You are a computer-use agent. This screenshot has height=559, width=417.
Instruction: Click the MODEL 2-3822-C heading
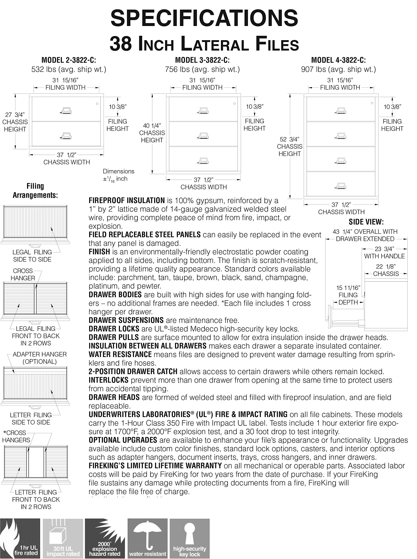point(69,60)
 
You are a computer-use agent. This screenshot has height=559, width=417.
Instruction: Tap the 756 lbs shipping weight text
point(202,69)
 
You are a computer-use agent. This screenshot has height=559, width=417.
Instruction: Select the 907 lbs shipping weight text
point(338,69)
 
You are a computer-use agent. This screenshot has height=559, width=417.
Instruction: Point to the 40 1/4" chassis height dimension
point(152,126)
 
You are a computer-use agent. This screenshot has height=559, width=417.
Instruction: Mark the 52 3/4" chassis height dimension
point(290,139)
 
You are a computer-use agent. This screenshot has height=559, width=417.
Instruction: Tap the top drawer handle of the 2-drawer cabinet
point(66,111)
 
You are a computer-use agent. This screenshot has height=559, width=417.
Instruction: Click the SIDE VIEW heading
point(366,222)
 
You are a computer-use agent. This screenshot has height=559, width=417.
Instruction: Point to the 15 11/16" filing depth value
point(348,288)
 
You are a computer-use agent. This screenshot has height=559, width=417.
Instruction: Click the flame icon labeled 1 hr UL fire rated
point(20,538)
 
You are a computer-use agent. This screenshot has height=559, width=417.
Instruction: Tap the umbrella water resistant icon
point(148,538)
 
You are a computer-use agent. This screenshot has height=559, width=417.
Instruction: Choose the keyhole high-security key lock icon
point(190,538)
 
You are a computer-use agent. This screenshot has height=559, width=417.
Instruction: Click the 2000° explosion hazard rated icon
point(105,538)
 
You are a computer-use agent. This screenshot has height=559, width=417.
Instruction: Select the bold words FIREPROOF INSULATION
point(126,201)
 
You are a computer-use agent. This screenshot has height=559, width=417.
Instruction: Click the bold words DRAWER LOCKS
point(114,329)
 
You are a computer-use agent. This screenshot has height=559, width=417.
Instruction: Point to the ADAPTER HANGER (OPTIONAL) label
point(40,358)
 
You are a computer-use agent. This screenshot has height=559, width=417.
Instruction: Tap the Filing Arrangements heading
point(35,191)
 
